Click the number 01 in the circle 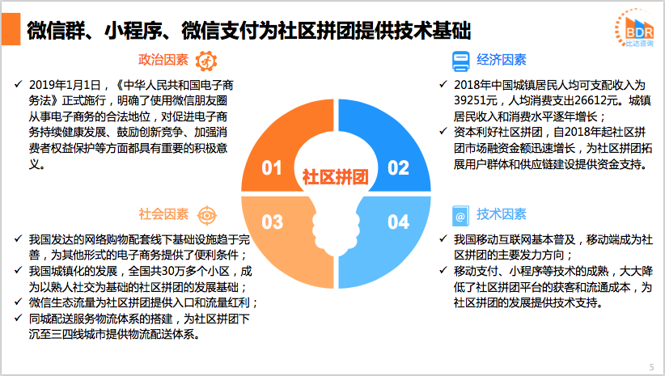(272, 168)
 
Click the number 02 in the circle (398, 168)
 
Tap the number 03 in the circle (272, 222)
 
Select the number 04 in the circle (398, 222)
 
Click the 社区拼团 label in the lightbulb (335, 177)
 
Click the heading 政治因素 (163, 60)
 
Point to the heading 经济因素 (502, 60)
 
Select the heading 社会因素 (163, 214)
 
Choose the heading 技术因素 (502, 214)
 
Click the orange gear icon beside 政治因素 (206, 61)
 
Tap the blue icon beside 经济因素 (460, 61)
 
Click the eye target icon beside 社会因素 (206, 216)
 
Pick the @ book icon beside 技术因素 (460, 216)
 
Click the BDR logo (635, 28)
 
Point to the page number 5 (651, 367)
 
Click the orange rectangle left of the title (11, 29)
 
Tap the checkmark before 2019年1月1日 (18, 84)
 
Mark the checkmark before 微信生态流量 (18, 302)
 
